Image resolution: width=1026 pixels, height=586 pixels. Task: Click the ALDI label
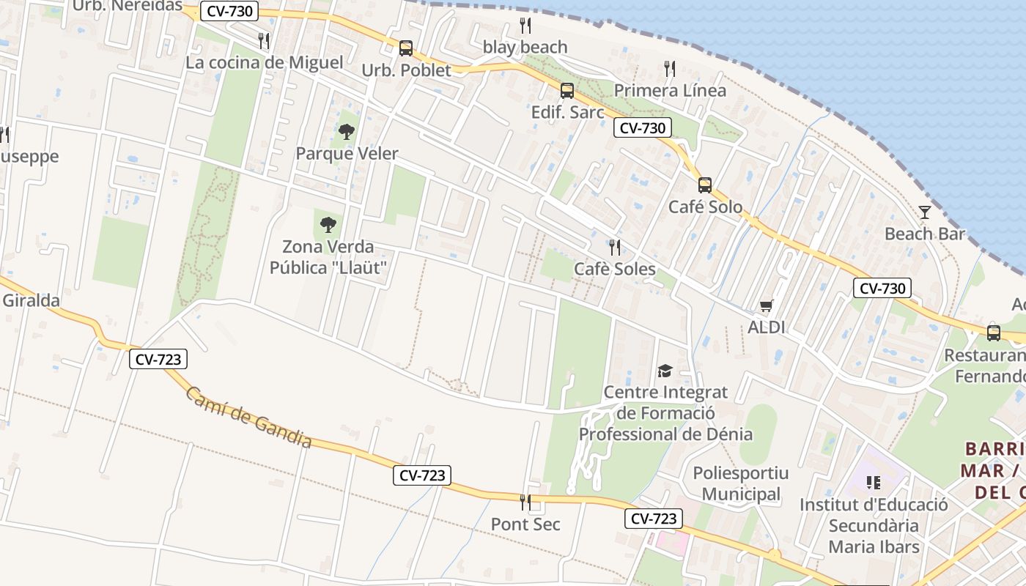[x=766, y=327]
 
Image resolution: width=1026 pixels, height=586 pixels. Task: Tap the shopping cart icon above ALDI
[x=766, y=305]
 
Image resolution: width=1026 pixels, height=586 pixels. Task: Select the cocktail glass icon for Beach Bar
[x=925, y=212]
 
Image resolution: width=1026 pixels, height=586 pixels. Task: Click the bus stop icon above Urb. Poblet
[x=405, y=48]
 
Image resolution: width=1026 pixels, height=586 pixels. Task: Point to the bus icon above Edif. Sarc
[x=566, y=91]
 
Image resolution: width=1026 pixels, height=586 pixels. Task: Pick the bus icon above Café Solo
[x=704, y=185]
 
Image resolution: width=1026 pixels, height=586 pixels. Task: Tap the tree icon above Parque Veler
[x=346, y=132]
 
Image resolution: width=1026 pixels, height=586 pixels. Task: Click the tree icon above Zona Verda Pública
[x=328, y=224]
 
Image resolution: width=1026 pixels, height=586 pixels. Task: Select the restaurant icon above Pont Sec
[x=525, y=502]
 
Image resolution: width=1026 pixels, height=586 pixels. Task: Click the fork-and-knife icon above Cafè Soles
[x=614, y=248]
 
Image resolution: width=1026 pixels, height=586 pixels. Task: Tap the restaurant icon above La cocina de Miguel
[x=264, y=41]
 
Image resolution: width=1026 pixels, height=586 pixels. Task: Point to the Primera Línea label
[x=670, y=90]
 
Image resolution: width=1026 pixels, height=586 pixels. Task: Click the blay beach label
[x=525, y=47]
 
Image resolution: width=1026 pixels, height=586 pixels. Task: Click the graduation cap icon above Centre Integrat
[x=665, y=371]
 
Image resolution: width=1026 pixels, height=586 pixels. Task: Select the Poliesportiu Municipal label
[x=741, y=483]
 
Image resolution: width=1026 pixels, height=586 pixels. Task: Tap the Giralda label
[x=31, y=300]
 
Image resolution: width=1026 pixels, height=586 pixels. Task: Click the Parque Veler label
[x=347, y=153]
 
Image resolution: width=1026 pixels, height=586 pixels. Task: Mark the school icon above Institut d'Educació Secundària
[x=873, y=483]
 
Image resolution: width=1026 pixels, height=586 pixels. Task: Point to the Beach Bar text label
[x=925, y=234]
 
